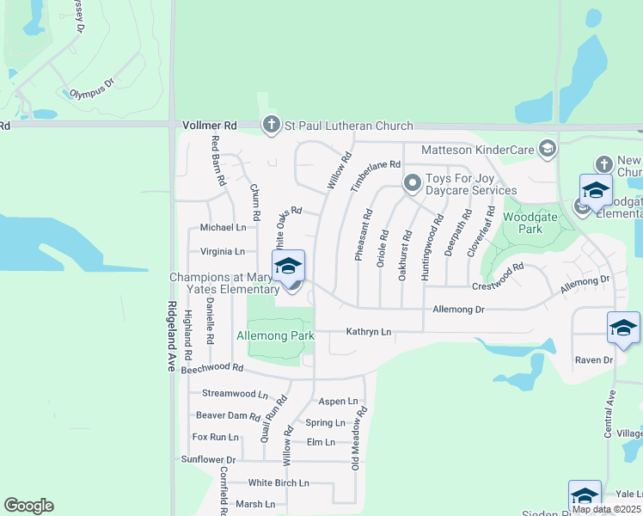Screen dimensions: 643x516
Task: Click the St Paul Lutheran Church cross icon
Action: click(x=272, y=126)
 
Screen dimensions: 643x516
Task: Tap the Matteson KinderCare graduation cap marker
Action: click(x=546, y=150)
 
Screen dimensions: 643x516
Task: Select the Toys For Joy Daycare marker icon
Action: click(x=413, y=182)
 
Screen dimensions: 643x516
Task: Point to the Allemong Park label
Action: click(x=275, y=335)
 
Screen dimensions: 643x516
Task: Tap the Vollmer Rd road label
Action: click(x=209, y=126)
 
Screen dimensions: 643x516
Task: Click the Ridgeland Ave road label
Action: click(x=172, y=336)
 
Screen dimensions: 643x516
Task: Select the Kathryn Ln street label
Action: click(x=368, y=332)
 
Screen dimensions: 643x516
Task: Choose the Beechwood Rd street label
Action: click(x=212, y=367)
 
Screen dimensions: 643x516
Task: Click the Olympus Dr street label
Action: click(x=92, y=93)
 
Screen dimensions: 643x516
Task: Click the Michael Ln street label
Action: click(x=223, y=228)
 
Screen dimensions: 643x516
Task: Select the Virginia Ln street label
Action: click(x=222, y=252)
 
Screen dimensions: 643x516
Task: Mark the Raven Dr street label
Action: click(x=591, y=360)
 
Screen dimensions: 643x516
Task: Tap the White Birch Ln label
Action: click(x=279, y=483)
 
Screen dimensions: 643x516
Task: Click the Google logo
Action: click(x=28, y=506)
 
